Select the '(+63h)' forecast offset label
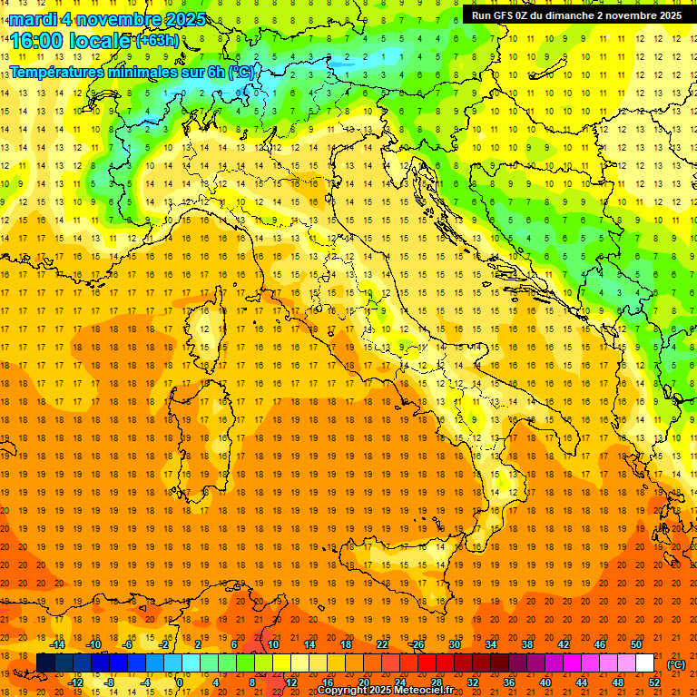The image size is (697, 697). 157,41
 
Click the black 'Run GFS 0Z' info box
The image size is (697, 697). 576,15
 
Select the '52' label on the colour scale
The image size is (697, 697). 655,682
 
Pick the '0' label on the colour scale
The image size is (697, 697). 180,682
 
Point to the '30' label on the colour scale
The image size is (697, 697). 454,644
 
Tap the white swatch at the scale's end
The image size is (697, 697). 644,663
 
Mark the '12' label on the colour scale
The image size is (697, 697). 291,682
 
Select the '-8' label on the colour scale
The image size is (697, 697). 109,682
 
